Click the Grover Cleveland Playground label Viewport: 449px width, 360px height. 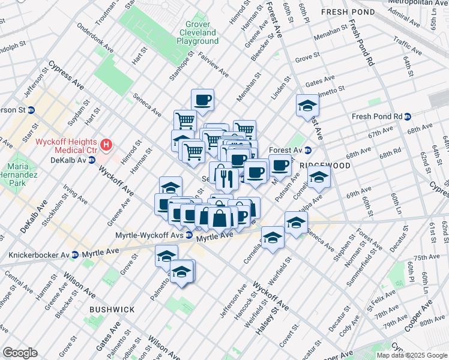click(x=197, y=32)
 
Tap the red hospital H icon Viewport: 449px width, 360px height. click(x=107, y=144)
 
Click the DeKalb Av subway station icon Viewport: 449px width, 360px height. click(x=92, y=160)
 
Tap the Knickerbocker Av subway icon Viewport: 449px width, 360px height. click(x=75, y=255)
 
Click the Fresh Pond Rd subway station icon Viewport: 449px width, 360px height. click(x=408, y=116)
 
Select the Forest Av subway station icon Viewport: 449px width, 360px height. click(x=308, y=150)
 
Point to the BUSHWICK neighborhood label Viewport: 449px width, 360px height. click(x=112, y=309)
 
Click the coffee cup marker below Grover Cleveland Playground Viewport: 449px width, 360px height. click(x=203, y=100)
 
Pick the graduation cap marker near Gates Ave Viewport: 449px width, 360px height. click(x=307, y=106)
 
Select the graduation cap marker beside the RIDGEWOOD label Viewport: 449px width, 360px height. click(x=319, y=177)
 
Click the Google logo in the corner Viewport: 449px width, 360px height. click(x=20, y=353)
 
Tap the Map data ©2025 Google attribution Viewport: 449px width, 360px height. click(x=412, y=355)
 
